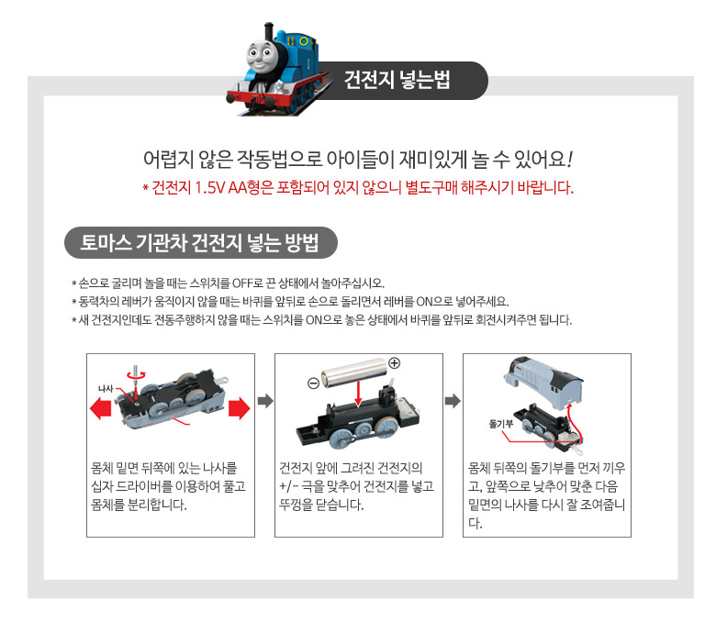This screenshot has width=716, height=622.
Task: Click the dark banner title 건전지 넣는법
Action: [397, 80]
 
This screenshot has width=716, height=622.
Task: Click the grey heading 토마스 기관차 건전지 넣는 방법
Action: [199, 242]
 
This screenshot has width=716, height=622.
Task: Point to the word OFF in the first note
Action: [242, 283]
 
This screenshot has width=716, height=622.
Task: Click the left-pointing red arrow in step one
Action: [101, 407]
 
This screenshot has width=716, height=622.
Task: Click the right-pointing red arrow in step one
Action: [240, 408]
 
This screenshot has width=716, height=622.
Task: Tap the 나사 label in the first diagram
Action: [106, 388]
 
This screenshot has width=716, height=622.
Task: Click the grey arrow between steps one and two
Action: [265, 401]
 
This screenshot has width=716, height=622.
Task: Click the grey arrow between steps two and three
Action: [453, 401]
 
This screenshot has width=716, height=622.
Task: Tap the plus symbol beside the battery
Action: [394, 363]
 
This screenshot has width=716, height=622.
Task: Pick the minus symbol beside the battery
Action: [313, 383]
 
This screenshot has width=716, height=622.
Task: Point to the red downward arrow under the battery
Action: [358, 394]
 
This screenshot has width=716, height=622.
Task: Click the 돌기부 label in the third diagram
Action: [501, 424]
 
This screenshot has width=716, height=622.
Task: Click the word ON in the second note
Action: [424, 302]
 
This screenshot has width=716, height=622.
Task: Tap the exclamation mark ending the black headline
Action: [569, 160]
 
